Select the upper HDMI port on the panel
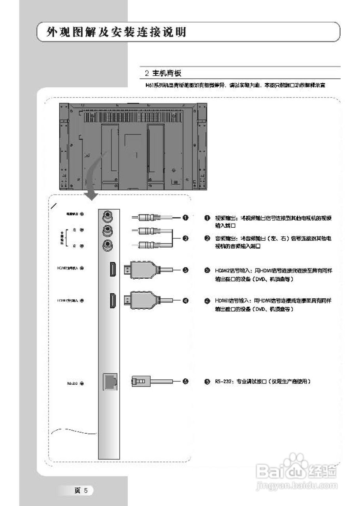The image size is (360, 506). pyautogui.click(x=113, y=270)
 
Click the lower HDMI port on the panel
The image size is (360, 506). pyautogui.click(x=113, y=300)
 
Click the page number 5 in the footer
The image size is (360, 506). pyautogui.click(x=85, y=491)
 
